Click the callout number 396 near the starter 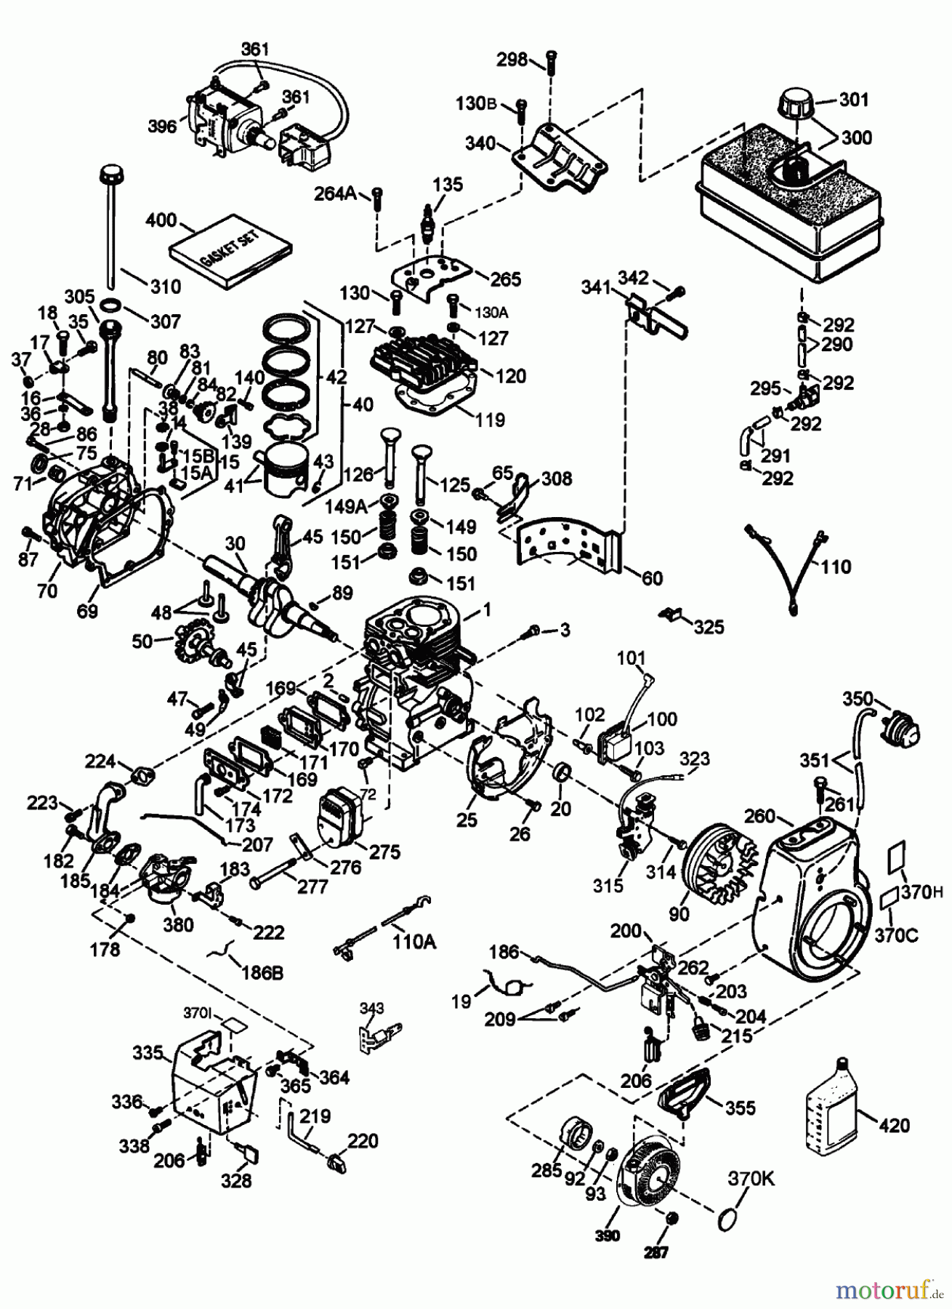[162, 127]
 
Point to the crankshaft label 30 [235, 543]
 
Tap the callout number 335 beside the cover [148, 1053]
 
